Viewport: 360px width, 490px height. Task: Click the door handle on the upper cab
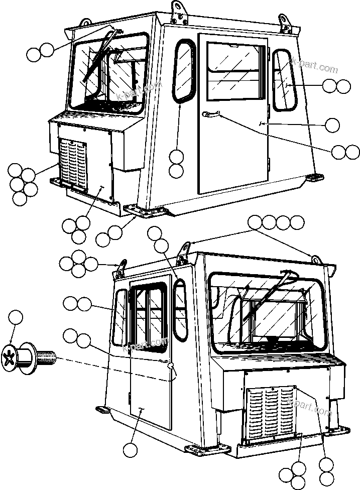coord(210,115)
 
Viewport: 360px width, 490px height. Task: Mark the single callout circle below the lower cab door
coord(130,450)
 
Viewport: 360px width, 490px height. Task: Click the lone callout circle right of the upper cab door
coord(332,125)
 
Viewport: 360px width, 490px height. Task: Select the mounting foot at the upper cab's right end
coord(314,177)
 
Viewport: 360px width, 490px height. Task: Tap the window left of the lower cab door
coord(119,318)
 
